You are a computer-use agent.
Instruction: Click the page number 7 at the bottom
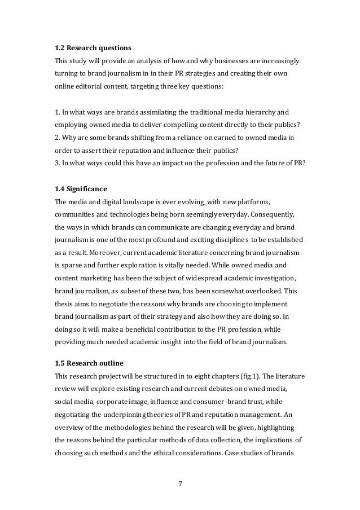[x=179, y=483]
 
